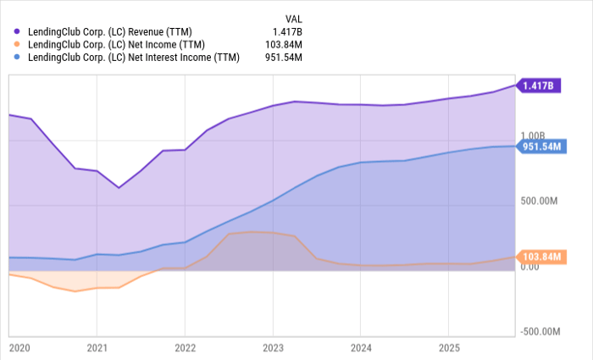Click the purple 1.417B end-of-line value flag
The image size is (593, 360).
tap(540, 86)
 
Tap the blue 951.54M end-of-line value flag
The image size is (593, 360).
tap(542, 147)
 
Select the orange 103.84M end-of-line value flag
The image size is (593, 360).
tap(542, 257)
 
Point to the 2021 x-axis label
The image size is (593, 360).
tap(97, 347)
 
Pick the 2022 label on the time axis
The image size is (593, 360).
tap(186, 347)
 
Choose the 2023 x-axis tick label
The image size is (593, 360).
tap(274, 347)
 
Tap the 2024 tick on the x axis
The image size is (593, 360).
tap(361, 347)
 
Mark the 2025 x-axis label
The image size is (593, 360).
tap(449, 347)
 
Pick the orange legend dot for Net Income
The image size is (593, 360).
tap(17, 44)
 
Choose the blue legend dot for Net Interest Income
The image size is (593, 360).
tap(17, 58)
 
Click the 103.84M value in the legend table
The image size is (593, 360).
tap(284, 44)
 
